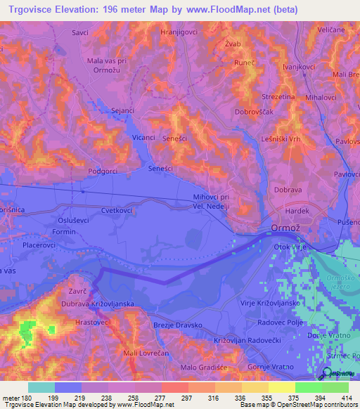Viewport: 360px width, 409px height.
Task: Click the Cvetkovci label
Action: [98, 209]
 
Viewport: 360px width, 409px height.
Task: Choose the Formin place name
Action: [64, 231]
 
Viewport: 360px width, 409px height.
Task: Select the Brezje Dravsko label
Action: [178, 325]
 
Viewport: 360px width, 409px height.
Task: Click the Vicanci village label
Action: [143, 138]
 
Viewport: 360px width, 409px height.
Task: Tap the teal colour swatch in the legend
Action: [41, 387]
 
